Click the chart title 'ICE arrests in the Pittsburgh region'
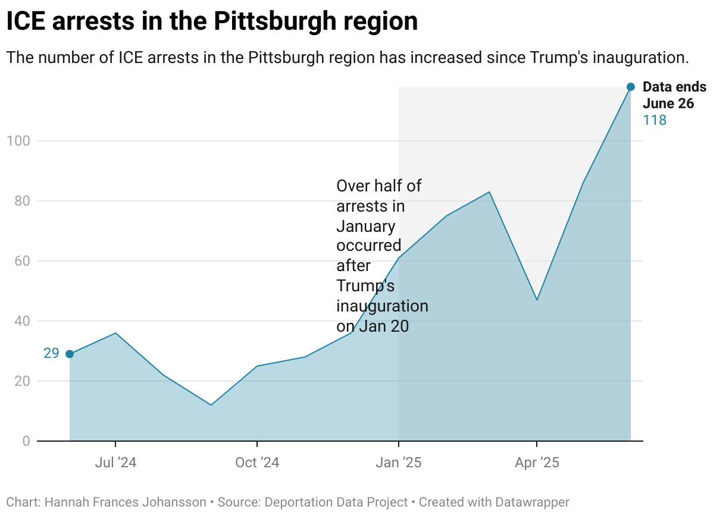tap(212, 22)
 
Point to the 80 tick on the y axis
tap(21, 202)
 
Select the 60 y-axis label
tap(21, 262)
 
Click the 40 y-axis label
tap(21, 322)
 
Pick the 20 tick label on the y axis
tap(21, 381)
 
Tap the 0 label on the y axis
tap(26, 441)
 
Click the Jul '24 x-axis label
tap(115, 462)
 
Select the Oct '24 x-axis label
tap(256, 462)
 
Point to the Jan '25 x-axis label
tap(399, 462)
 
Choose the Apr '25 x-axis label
tap(537, 462)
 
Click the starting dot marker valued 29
tap(70, 354)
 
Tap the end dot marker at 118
tap(631, 87)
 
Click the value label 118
tap(655, 121)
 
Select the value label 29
tap(51, 354)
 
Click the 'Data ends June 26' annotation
tap(674, 95)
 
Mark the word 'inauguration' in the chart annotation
tap(382, 306)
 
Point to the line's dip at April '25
tap(537, 300)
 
